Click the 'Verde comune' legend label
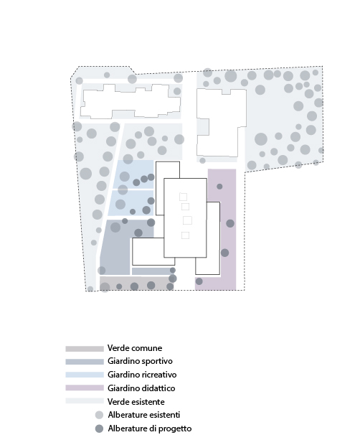point(135,348)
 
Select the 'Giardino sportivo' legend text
point(140,361)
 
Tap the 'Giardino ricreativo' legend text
point(142,375)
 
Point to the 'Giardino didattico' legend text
point(141,388)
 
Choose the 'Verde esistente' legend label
point(136,402)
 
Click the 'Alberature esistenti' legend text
point(144,415)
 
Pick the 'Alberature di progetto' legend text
point(150,428)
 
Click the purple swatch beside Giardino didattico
point(85,388)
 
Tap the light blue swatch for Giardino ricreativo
point(85,375)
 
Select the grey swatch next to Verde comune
point(85,349)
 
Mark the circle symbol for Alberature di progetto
point(99,428)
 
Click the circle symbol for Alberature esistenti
point(99,415)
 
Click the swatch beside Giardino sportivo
point(85,362)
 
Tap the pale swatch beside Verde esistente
point(85,400)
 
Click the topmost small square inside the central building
point(183,197)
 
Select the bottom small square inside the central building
point(185,235)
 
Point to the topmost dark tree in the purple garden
point(219,187)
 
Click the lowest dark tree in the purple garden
point(199,281)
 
